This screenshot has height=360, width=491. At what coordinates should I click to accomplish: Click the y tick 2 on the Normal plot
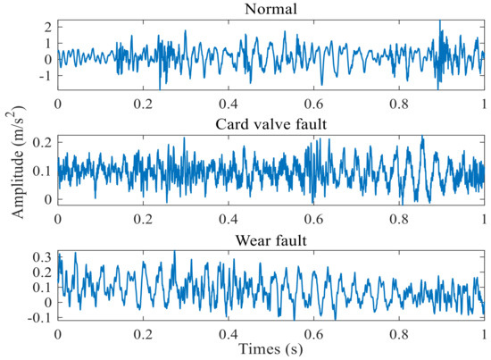point(49,26)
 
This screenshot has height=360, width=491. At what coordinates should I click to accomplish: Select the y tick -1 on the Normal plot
point(46,76)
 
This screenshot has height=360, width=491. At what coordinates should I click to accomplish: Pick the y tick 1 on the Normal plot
point(49,43)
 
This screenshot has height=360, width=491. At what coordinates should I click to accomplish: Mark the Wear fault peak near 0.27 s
point(174,253)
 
